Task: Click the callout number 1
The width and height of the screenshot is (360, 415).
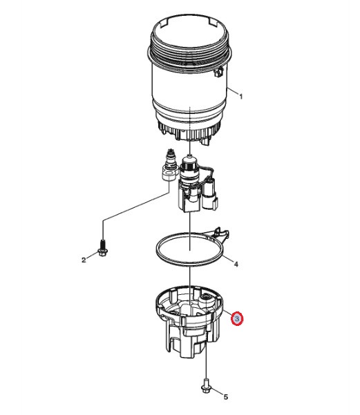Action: (x=240, y=97)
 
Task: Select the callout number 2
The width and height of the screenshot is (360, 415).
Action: (x=84, y=260)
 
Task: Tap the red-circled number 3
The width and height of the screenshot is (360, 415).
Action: (x=237, y=319)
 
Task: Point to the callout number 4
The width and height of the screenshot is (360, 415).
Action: (x=235, y=264)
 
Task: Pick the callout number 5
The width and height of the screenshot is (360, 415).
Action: (x=223, y=396)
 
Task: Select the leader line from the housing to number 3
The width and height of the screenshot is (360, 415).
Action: (x=226, y=314)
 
